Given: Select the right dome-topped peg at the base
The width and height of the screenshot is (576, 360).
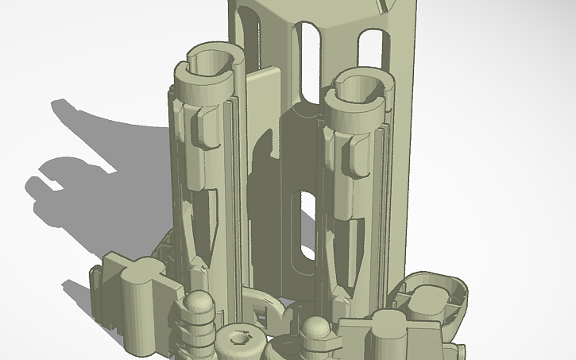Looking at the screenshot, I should click(317, 329).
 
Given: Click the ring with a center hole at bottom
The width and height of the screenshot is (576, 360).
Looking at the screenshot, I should click(241, 343).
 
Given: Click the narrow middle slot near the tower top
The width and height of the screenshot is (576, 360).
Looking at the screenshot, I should click(309, 60).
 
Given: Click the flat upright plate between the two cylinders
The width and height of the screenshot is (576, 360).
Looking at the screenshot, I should click(261, 103).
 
